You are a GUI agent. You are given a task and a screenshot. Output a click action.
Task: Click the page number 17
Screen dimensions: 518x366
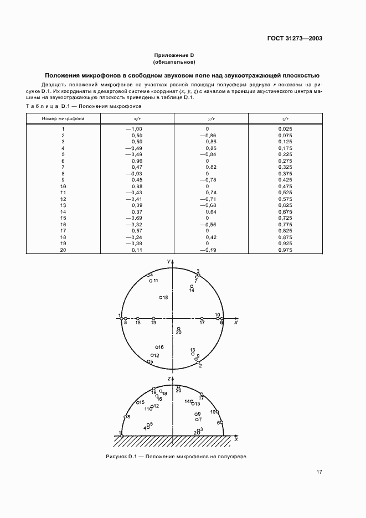tap(319, 472)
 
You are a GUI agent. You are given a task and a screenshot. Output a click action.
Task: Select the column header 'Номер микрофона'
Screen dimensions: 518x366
tap(63, 118)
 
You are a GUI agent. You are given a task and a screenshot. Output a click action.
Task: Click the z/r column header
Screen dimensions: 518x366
tap(285, 118)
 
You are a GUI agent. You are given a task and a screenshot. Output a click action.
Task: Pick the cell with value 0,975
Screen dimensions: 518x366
tap(285, 250)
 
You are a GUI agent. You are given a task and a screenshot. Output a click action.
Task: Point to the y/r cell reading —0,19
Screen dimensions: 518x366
tap(207, 250)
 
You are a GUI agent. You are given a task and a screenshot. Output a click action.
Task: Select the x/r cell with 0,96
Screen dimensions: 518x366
tap(137, 160)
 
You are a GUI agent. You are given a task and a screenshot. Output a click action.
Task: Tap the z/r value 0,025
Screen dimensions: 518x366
tap(285, 129)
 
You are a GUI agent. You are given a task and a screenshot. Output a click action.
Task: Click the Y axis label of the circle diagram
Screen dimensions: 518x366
tap(168, 260)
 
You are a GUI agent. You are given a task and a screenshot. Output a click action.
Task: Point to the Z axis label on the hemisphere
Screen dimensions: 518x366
tap(168, 377)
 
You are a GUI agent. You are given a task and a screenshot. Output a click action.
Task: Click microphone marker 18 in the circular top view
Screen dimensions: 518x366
tap(161, 298)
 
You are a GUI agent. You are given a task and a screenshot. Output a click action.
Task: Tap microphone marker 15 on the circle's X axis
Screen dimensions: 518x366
tap(138, 318)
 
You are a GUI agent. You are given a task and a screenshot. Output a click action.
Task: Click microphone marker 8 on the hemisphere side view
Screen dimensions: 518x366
tap(125, 417)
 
